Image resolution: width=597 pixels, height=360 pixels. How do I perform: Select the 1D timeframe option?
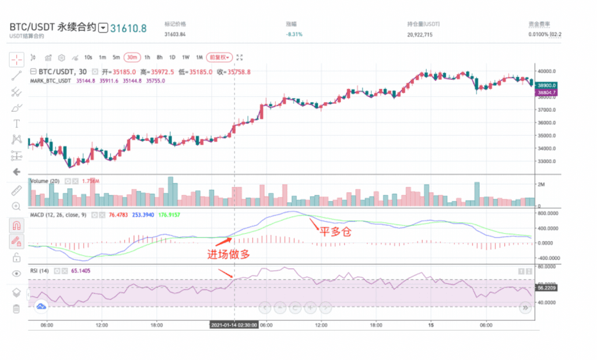[172, 57]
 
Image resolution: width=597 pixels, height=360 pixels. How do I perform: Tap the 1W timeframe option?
[186, 57]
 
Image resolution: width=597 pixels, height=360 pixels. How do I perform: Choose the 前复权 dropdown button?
[221, 57]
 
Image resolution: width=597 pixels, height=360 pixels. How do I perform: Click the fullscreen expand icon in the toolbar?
[240, 57]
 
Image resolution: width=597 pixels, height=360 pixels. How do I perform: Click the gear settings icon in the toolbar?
[62, 57]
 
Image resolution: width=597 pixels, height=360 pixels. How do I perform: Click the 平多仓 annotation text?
[335, 231]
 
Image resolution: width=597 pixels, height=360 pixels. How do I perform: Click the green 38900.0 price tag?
[548, 85]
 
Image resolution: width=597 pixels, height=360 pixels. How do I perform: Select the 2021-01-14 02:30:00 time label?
[234, 325]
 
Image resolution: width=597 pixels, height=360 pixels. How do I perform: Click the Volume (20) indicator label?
[45, 181]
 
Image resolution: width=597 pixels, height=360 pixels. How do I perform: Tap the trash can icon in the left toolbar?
[16, 308]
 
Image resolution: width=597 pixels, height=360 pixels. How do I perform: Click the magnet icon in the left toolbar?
[16, 225]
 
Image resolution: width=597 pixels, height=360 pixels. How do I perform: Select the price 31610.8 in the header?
[129, 27]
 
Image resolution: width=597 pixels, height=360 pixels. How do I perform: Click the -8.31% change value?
[294, 34]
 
